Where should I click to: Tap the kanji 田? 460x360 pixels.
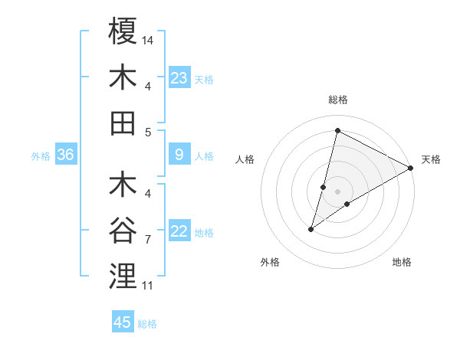(x=123, y=123)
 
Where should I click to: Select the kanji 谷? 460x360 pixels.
(x=123, y=230)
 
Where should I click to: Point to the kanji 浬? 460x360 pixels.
(x=123, y=276)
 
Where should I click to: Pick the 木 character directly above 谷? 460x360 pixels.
(x=123, y=185)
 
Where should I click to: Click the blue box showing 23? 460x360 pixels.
(x=179, y=77)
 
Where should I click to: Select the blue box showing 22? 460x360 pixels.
(x=179, y=231)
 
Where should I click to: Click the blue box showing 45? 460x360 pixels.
(x=123, y=322)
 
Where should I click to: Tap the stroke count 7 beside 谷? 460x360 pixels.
(x=148, y=240)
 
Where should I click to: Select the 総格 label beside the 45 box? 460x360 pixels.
(x=147, y=324)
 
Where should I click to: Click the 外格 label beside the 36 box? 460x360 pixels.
(x=41, y=156)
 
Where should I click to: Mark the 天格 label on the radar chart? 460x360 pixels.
(x=431, y=159)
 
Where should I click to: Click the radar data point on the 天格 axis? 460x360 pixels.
(x=411, y=168)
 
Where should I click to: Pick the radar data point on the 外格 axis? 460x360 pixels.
(x=311, y=229)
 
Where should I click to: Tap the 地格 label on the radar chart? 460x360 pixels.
(x=402, y=262)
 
